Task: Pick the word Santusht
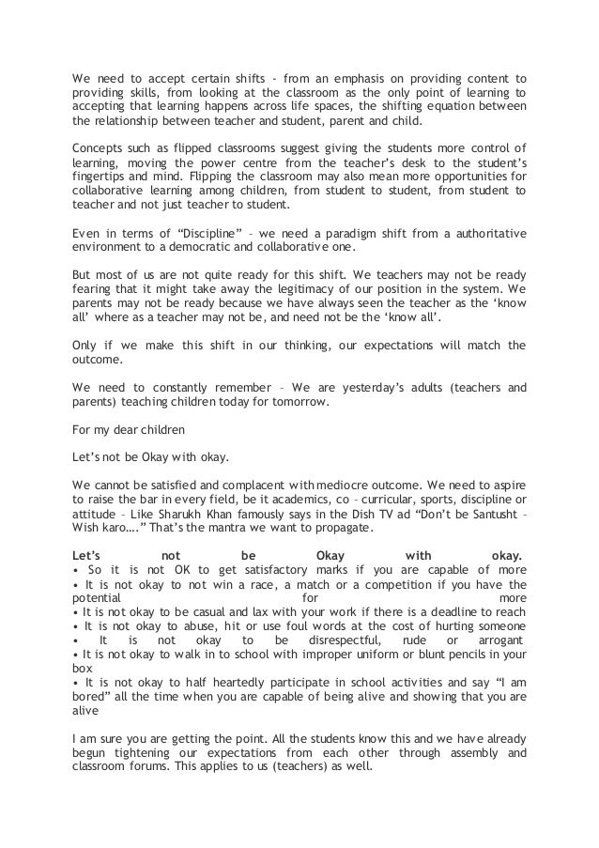pyautogui.click(x=478, y=515)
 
